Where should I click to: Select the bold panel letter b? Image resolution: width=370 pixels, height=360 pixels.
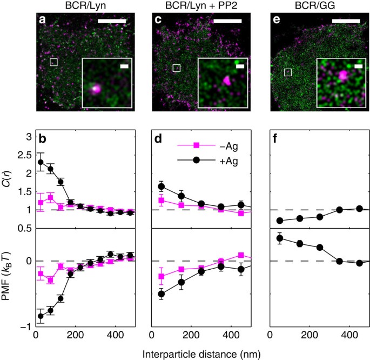click(42, 138)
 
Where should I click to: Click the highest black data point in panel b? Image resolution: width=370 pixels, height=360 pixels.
click(41, 162)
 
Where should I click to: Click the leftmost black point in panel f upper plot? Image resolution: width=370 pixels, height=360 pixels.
click(280, 221)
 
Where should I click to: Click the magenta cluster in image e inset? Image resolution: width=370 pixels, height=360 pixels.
click(342, 76)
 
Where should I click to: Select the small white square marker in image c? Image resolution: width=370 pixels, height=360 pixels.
click(176, 68)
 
